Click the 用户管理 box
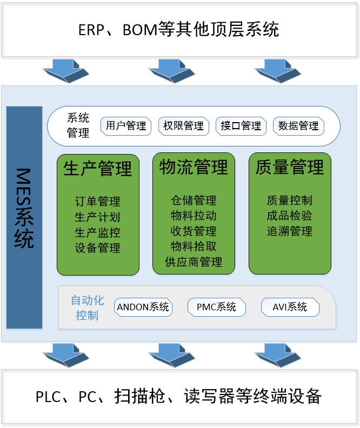126,126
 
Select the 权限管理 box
184,126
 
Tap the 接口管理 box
241,126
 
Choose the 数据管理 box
298,126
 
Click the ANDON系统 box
143,307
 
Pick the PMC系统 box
216,307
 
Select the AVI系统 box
290,307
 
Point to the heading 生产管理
98,168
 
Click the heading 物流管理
194,167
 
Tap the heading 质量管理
290,167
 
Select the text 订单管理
98,202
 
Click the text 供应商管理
194,262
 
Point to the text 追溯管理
290,231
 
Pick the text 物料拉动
194,216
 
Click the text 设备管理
98,248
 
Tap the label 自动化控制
87,307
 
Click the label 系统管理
78,125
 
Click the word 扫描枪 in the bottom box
137,397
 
